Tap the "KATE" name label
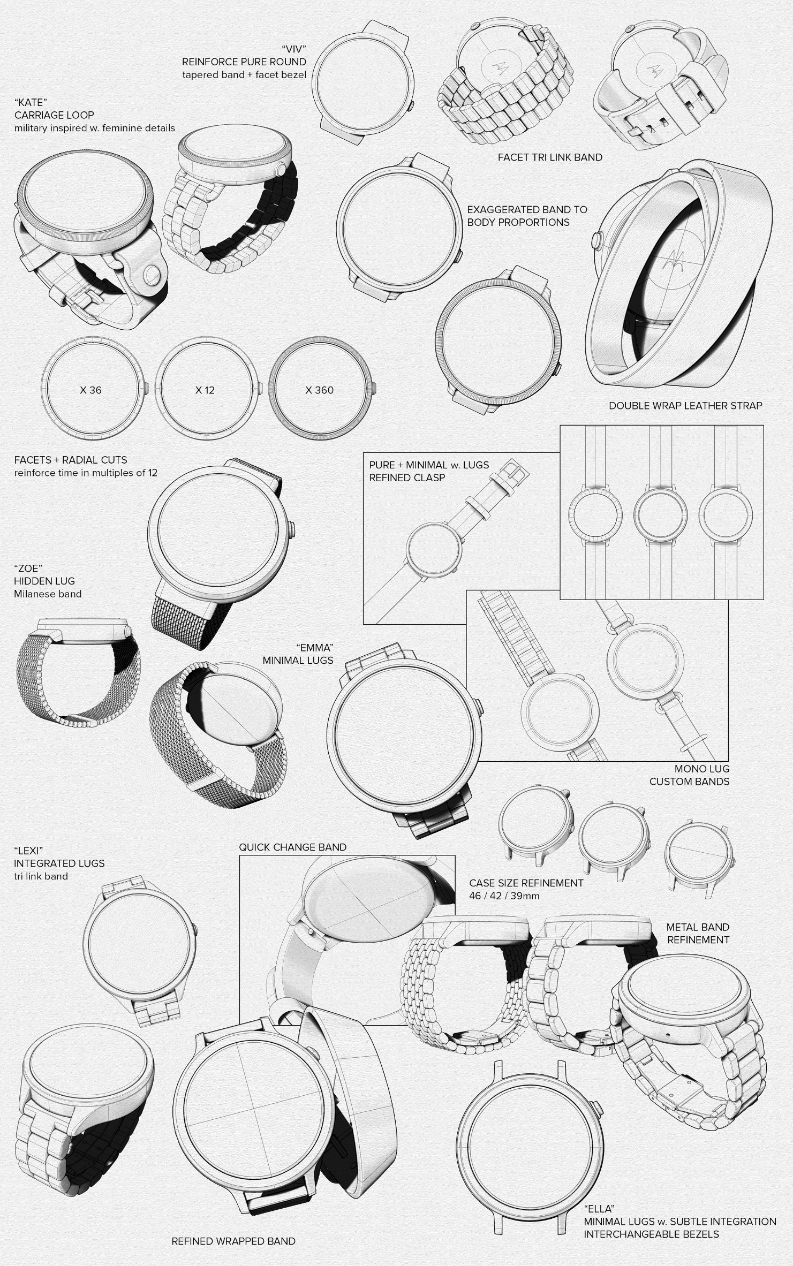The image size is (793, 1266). point(31,102)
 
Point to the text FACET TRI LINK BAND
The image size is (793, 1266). point(550,157)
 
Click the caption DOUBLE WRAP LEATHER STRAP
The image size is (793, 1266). point(685,406)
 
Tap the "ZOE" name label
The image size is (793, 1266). point(28,568)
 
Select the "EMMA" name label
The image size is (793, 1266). point(314,648)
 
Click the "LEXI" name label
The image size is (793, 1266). point(28,850)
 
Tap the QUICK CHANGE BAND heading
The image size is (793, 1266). point(292,847)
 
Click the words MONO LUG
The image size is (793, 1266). point(702,769)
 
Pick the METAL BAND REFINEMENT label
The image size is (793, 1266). point(698,934)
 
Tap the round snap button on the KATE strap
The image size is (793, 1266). point(152,275)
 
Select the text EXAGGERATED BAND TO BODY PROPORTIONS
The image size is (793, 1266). point(527,216)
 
